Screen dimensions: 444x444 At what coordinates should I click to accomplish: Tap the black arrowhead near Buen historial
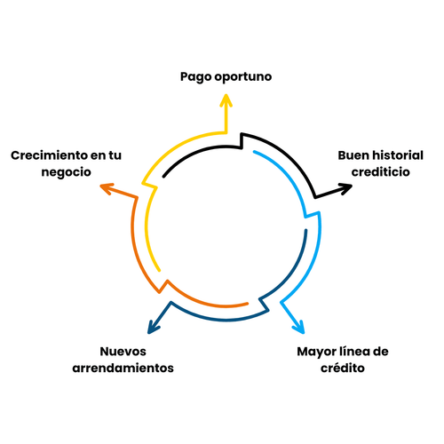(344, 187)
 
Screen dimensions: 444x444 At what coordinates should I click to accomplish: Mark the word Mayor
(316, 350)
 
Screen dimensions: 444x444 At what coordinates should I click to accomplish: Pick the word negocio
(66, 173)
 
